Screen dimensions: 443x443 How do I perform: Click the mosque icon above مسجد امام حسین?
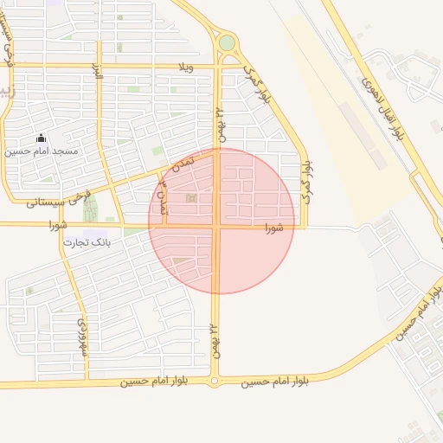tap(41, 138)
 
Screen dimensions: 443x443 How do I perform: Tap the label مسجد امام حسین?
tap(42, 151)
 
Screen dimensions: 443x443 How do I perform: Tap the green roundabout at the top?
tap(227, 42)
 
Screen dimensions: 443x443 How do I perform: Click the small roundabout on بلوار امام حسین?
tap(215, 381)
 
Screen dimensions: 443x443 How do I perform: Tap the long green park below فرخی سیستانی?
tap(90, 208)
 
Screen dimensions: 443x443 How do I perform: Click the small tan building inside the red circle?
tap(191, 200)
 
